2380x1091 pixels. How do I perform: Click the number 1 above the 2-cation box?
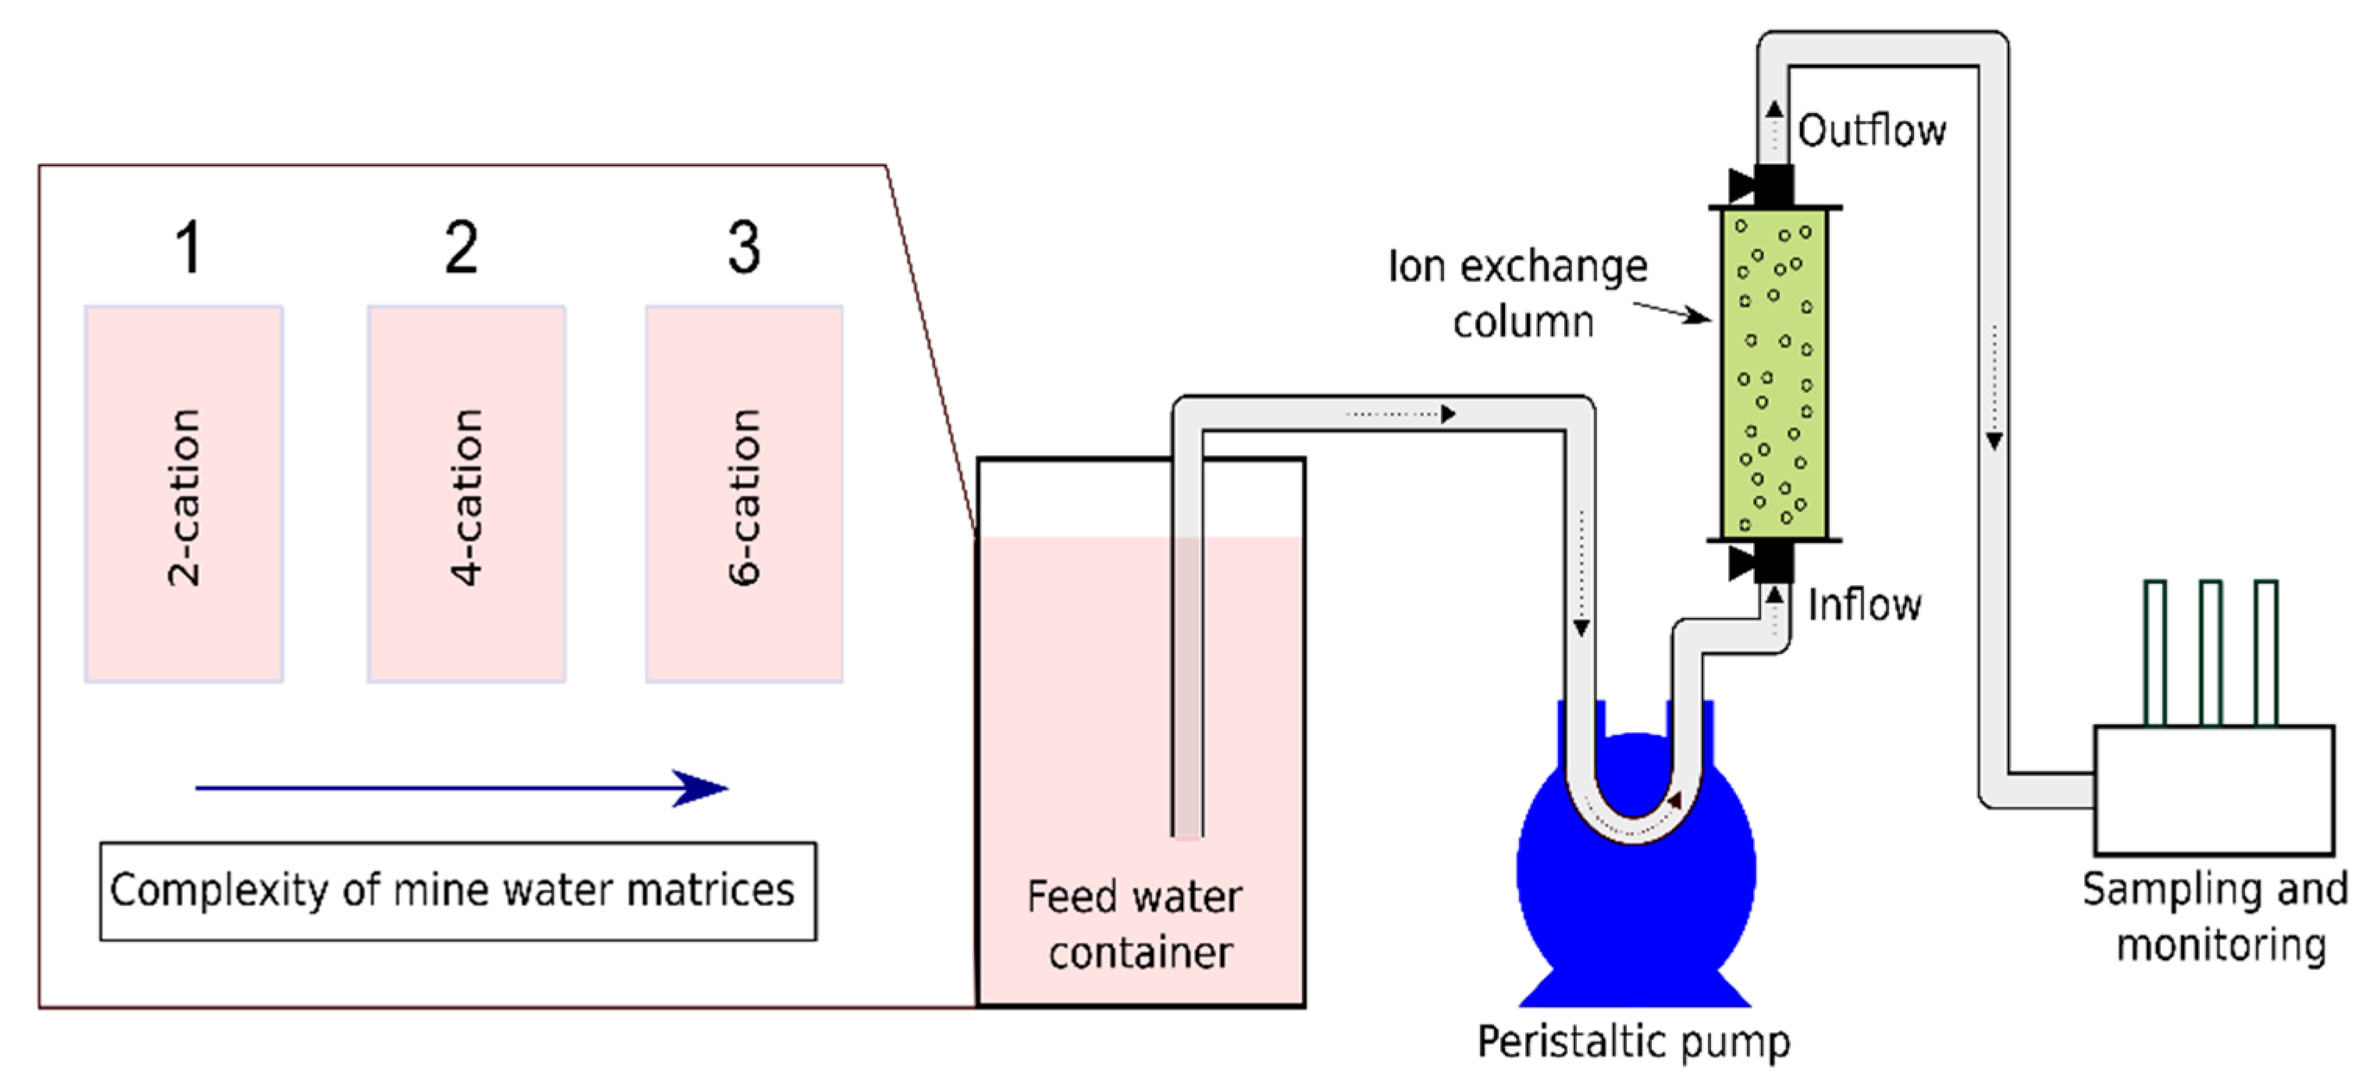[x=188, y=247]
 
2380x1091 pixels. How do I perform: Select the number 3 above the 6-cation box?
[x=744, y=247]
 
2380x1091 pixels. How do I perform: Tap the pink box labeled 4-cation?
[x=467, y=494]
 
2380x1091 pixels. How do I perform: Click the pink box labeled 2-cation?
[x=184, y=494]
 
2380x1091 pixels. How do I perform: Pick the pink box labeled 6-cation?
[x=744, y=494]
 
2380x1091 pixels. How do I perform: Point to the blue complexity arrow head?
[x=703, y=788]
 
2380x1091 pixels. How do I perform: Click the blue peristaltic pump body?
[x=1635, y=905]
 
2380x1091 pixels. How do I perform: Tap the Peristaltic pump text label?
[x=1634, y=1041]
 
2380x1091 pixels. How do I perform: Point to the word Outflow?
[x=1871, y=130]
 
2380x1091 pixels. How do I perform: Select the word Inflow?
[x=1863, y=605]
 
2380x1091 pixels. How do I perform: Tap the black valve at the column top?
[x=1771, y=185]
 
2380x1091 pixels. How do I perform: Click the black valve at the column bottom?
[x=1771, y=562]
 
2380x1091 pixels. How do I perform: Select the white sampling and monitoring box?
[x=2214, y=790]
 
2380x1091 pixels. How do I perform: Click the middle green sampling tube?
[x=2210, y=652]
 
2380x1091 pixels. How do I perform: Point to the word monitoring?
[x=2221, y=945]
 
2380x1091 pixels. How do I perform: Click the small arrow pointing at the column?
[x=1674, y=311]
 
